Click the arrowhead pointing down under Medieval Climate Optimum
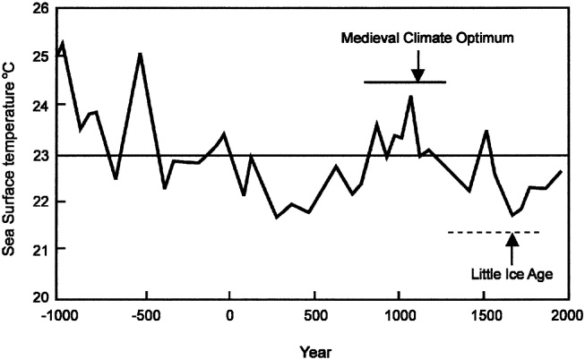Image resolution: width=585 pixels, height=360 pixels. coord(417,74)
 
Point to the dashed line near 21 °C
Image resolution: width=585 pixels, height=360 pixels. coord(493,232)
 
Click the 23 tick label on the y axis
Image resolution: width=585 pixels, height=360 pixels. coord(39,154)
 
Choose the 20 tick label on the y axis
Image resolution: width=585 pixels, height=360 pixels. coord(39,298)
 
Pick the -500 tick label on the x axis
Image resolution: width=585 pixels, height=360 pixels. coord(144,316)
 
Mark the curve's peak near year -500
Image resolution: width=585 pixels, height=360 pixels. coord(140,54)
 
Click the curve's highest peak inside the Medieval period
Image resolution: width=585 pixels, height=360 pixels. coord(410,96)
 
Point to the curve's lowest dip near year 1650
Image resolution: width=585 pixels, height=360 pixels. coord(512,216)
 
